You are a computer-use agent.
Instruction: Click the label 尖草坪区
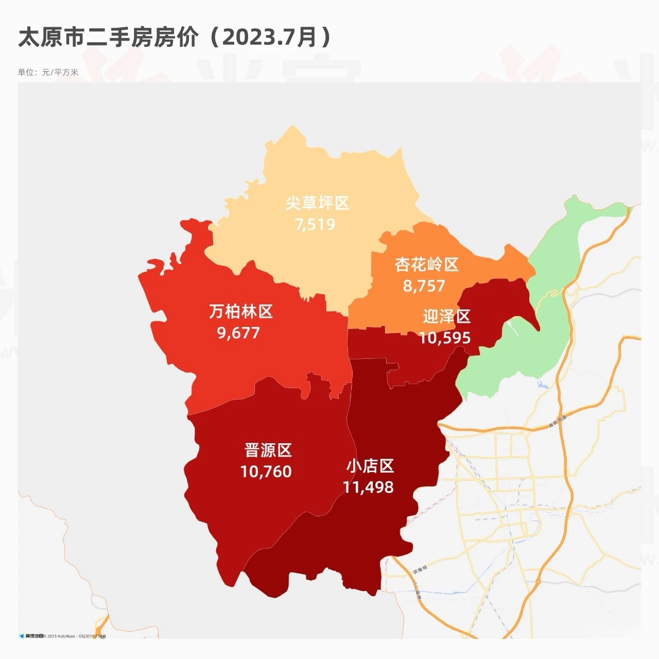pyautogui.click(x=317, y=203)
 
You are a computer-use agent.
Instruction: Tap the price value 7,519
pyautogui.click(x=315, y=224)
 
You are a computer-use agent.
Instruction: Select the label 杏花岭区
pyautogui.click(x=426, y=265)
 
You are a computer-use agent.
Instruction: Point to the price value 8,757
pyautogui.click(x=424, y=286)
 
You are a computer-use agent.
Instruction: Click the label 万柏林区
pyautogui.click(x=240, y=311)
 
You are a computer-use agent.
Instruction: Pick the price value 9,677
pyautogui.click(x=238, y=333)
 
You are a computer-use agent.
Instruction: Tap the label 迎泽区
pyautogui.click(x=446, y=317)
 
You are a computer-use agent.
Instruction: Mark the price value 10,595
pyautogui.click(x=444, y=338)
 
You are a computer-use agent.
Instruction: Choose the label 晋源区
pyautogui.click(x=268, y=450)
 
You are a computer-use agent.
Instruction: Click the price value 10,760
pyautogui.click(x=266, y=472)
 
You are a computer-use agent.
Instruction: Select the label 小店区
pyautogui.click(x=370, y=466)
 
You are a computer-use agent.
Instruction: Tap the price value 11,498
pyautogui.click(x=368, y=487)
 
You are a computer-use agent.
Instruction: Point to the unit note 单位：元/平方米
pyautogui.click(x=48, y=72)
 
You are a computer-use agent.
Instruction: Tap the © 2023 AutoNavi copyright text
pyautogui.click(x=61, y=636)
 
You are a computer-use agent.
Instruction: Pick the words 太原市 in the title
pyautogui.click(x=51, y=38)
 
